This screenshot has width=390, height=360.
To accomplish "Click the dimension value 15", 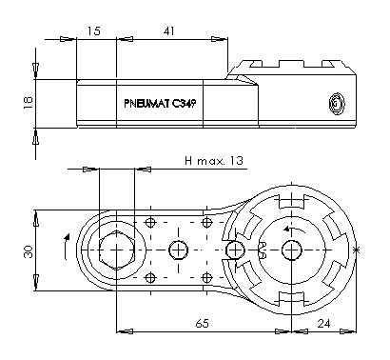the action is [93, 30].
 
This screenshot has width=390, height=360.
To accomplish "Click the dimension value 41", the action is [168, 30].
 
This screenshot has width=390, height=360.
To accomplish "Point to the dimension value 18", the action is [28, 103].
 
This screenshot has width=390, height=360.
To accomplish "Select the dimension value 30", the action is [29, 251].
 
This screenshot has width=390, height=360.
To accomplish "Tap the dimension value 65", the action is [203, 324].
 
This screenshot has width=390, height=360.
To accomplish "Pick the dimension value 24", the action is [323, 324].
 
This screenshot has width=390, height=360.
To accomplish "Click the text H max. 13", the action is [214, 161].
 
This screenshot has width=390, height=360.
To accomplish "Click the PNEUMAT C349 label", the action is [160, 104].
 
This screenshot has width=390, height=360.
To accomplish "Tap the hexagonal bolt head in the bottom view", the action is [117, 250].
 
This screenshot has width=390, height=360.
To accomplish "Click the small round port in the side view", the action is [337, 104].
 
